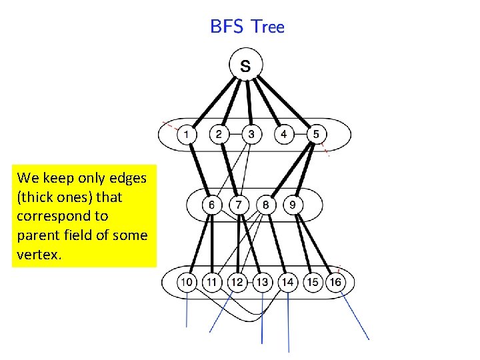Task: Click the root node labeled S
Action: pyautogui.click(x=246, y=65)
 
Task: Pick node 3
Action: pyautogui.click(x=251, y=134)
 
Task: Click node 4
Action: pyautogui.click(x=283, y=134)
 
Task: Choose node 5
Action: pyautogui.click(x=316, y=134)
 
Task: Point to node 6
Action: pyautogui.click(x=211, y=204)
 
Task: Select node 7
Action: pyautogui.click(x=238, y=204)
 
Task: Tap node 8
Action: pyautogui.click(x=265, y=204)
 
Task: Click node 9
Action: pyautogui.click(x=293, y=204)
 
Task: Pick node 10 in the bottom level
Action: pyautogui.click(x=187, y=282)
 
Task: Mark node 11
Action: pyautogui.click(x=212, y=282)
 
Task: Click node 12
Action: pyautogui.click(x=237, y=282)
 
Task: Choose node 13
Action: pyautogui.click(x=262, y=282)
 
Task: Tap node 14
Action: pyautogui.click(x=287, y=282)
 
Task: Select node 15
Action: pyautogui.click(x=312, y=282)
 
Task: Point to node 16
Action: pyautogui.click(x=336, y=282)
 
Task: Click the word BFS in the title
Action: pyautogui.click(x=226, y=27)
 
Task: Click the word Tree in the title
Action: pyautogui.click(x=269, y=27)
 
